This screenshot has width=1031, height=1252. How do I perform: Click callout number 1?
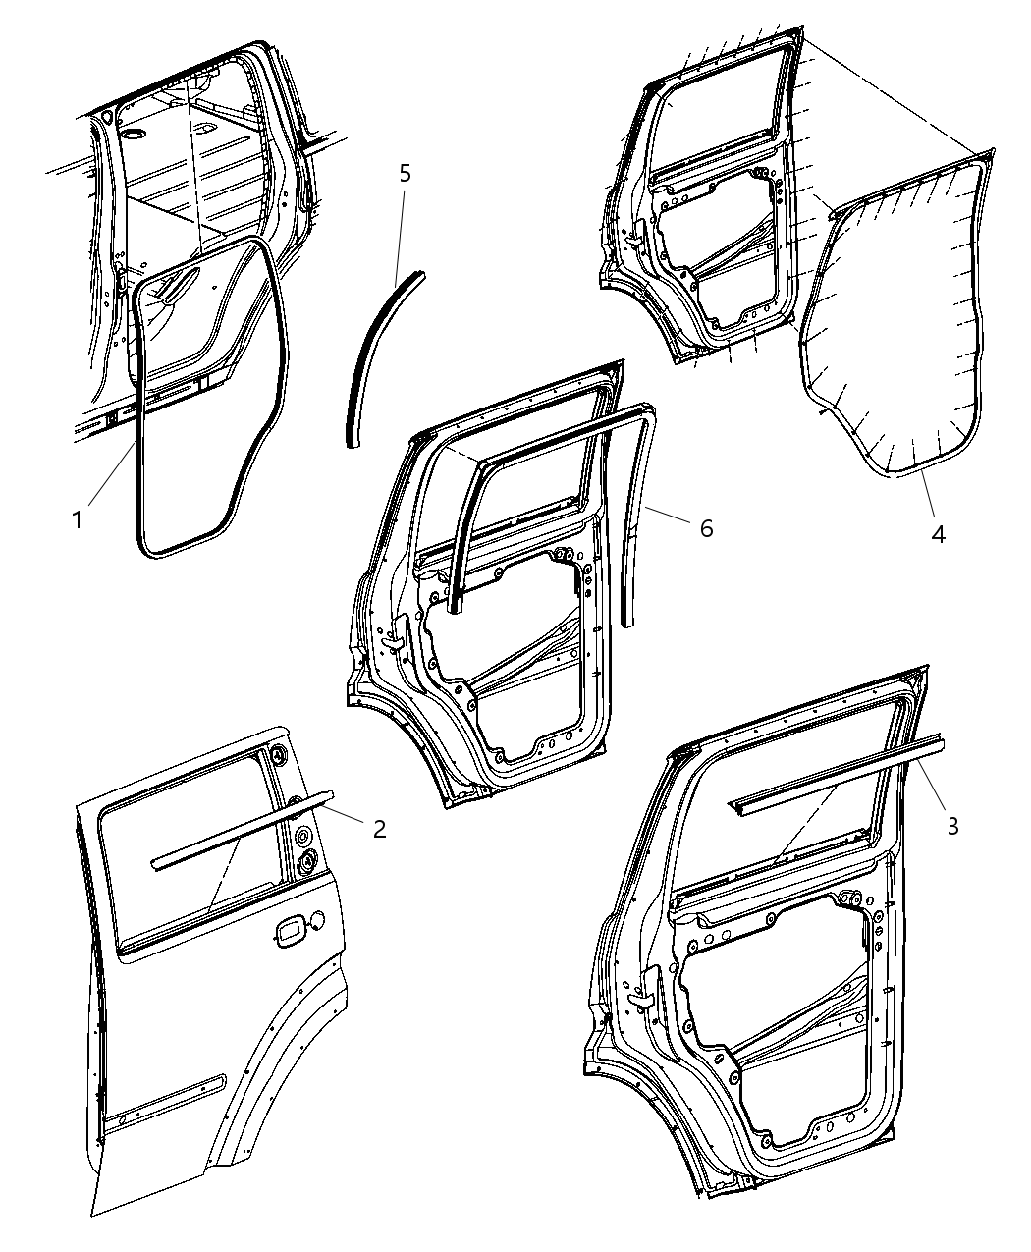click(x=78, y=517)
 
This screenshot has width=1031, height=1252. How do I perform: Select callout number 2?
click(x=378, y=828)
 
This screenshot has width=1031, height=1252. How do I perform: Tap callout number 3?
click(x=951, y=825)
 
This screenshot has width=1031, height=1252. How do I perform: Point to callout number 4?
click(x=938, y=534)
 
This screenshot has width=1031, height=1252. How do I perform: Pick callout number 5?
click(x=405, y=174)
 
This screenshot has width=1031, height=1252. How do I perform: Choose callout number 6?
click(x=706, y=527)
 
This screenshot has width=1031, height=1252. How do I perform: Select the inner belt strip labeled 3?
click(x=835, y=776)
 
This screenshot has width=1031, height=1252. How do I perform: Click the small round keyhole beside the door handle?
click(x=318, y=920)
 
